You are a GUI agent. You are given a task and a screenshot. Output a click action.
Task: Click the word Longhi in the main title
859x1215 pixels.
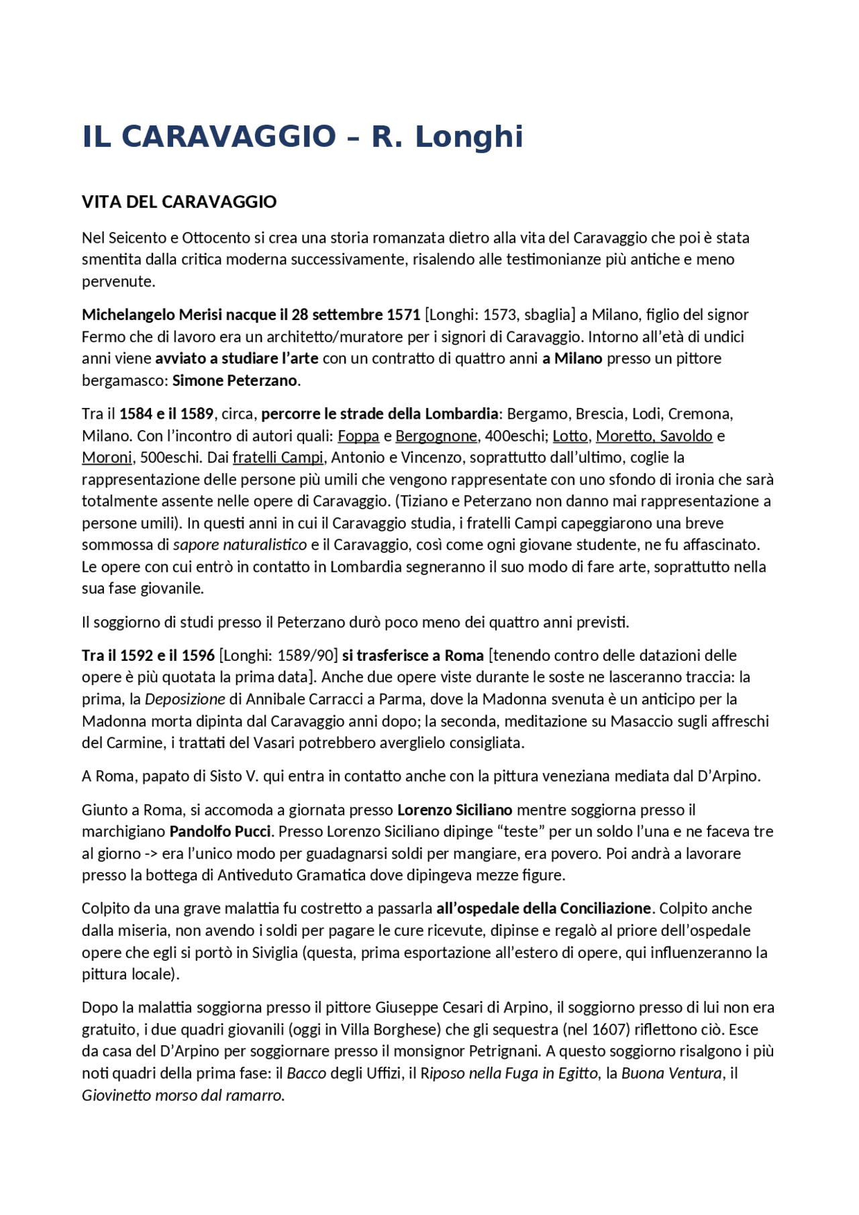click(x=468, y=137)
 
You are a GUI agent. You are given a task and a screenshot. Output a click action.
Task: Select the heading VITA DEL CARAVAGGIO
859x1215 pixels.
click(x=179, y=202)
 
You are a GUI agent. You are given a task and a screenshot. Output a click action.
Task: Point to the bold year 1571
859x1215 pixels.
click(x=403, y=315)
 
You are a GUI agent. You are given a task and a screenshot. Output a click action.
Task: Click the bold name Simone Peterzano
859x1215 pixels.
click(x=234, y=380)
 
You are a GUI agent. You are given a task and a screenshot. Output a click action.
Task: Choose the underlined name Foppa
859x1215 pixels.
click(x=358, y=436)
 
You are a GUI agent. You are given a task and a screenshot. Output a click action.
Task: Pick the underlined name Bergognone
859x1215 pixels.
click(x=436, y=436)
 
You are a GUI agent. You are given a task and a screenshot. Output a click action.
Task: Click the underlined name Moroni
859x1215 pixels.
click(x=107, y=458)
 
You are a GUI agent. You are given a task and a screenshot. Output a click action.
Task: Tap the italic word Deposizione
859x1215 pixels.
click(x=185, y=699)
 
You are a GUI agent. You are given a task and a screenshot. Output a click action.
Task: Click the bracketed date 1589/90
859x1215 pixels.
click(x=305, y=655)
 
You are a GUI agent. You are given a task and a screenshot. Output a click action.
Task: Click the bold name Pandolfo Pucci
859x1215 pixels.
click(x=220, y=832)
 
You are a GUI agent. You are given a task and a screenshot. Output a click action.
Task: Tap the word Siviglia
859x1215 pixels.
click(x=270, y=953)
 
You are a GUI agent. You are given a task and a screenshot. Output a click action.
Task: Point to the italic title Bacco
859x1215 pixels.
click(x=307, y=1073)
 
